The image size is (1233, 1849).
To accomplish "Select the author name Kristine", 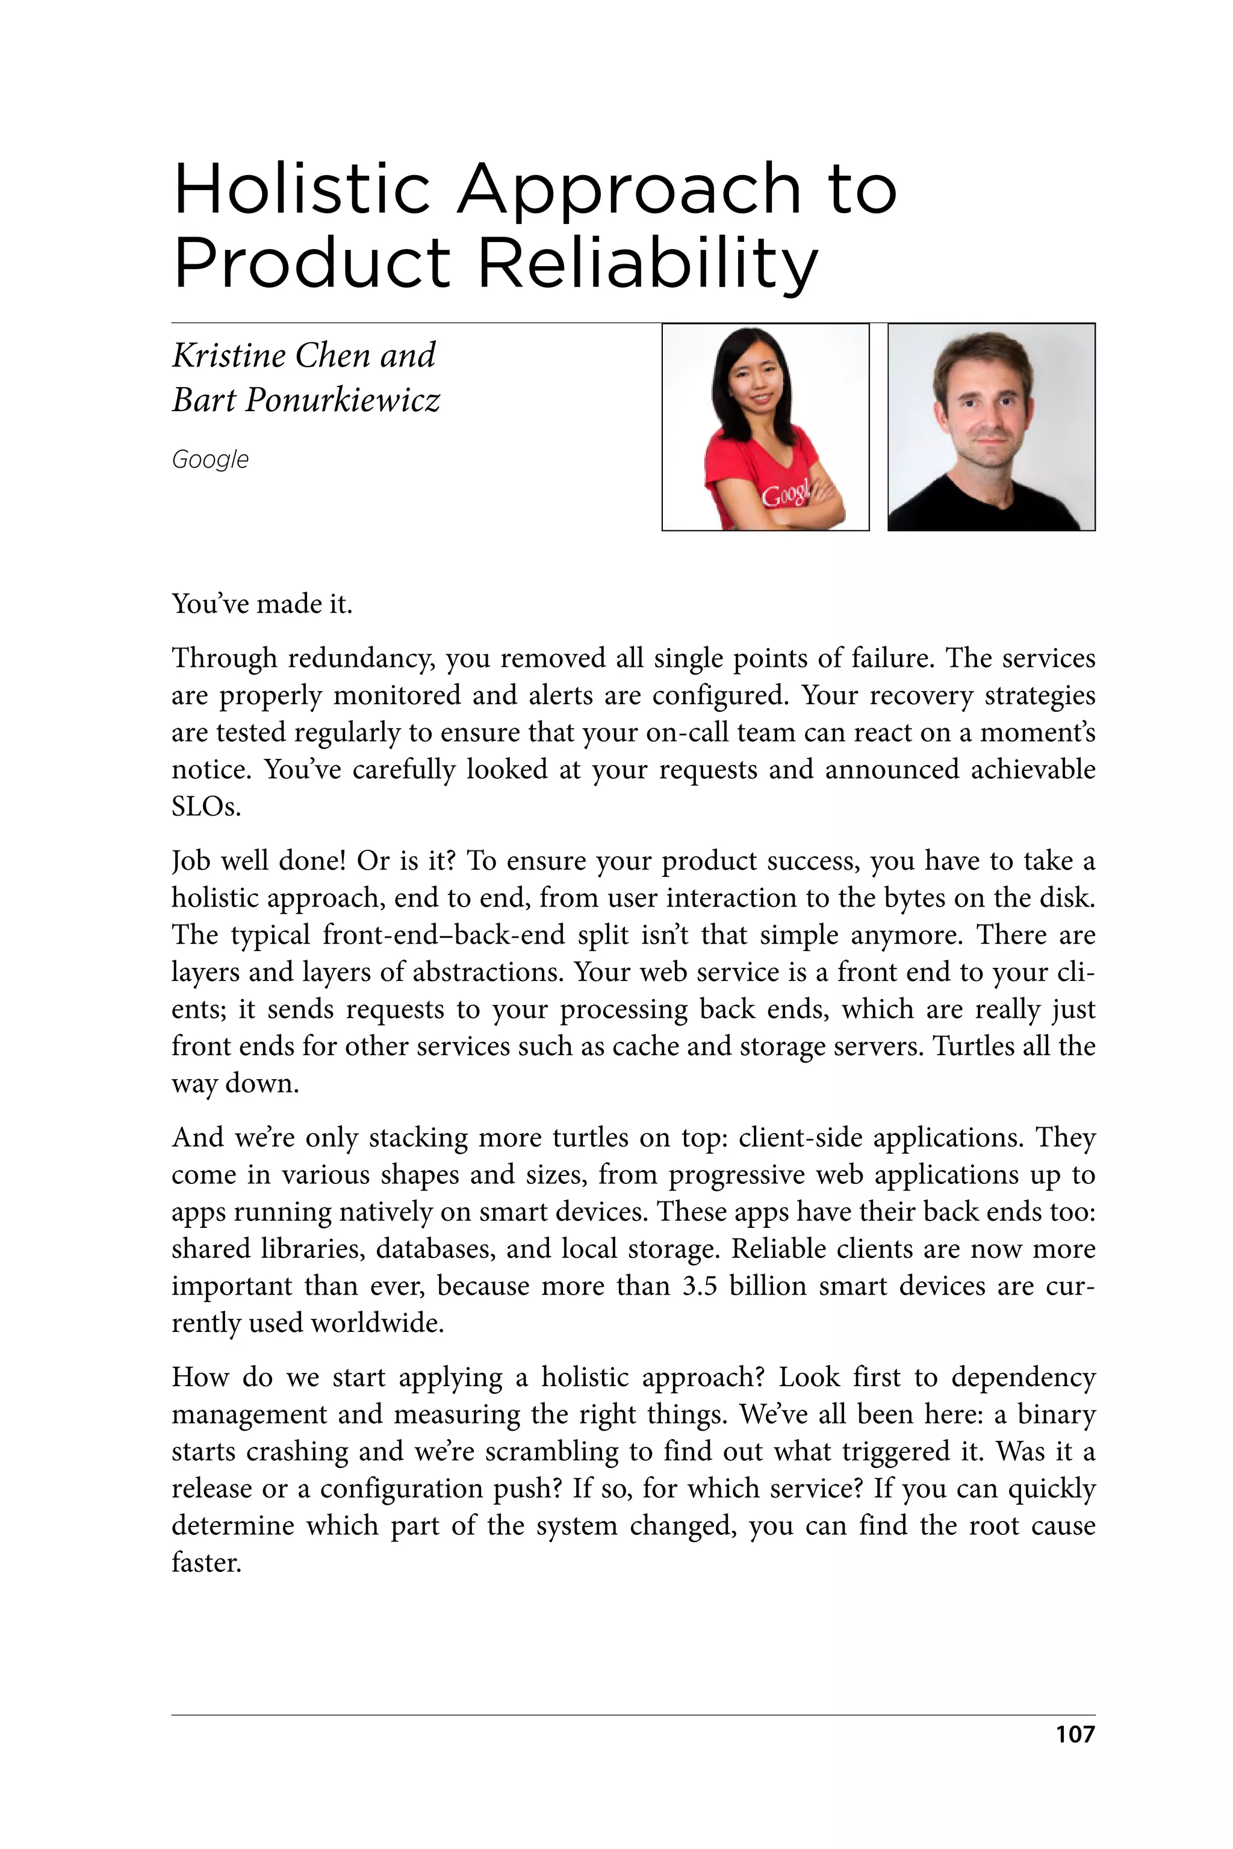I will point(228,355).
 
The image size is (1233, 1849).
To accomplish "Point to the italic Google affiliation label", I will point(210,459).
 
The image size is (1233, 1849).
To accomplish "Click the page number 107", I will point(1074,1733).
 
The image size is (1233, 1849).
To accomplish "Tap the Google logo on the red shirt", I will point(785,495).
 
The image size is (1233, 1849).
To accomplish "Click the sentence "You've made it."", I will point(262,604).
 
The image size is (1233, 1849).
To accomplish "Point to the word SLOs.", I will point(205,807).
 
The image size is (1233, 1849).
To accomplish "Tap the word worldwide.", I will point(377,1322).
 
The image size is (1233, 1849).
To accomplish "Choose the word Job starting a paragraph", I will point(190,861).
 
